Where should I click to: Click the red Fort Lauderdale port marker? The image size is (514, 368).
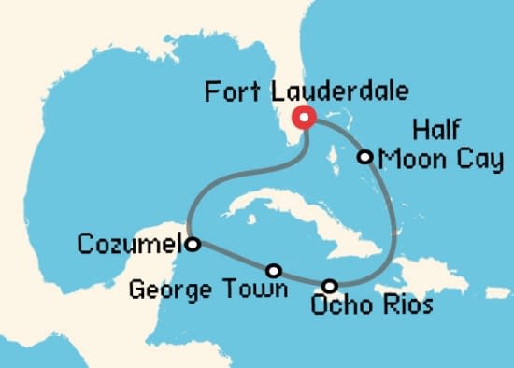(x=304, y=118)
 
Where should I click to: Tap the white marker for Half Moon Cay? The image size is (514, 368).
(x=366, y=157)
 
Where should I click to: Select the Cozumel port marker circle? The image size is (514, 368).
(x=192, y=245)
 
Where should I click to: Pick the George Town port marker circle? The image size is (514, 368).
(x=274, y=270)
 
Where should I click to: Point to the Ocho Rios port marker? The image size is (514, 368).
(x=329, y=285)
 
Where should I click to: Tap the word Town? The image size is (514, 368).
(x=257, y=289)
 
